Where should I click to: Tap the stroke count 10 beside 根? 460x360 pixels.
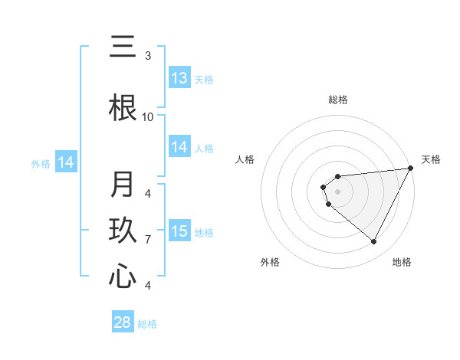click(x=148, y=116)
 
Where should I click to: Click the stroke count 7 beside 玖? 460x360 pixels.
click(x=148, y=239)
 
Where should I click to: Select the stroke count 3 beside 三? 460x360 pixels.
click(x=148, y=55)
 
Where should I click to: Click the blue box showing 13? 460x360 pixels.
click(x=179, y=78)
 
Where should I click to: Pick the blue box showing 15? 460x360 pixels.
click(x=179, y=231)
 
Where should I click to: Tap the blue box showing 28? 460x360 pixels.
click(x=122, y=322)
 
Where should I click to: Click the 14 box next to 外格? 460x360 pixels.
click(x=66, y=162)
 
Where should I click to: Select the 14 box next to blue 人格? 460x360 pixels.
click(x=179, y=147)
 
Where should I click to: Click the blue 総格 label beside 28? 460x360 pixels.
click(x=147, y=324)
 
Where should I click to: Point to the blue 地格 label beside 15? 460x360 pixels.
click(x=204, y=232)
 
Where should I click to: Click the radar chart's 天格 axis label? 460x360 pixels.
click(x=431, y=159)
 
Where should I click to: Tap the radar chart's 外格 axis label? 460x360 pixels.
click(x=270, y=262)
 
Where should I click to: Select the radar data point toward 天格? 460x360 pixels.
click(x=412, y=169)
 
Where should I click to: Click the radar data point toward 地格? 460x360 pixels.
click(x=374, y=242)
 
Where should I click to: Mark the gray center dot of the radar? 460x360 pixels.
click(x=337, y=191)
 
